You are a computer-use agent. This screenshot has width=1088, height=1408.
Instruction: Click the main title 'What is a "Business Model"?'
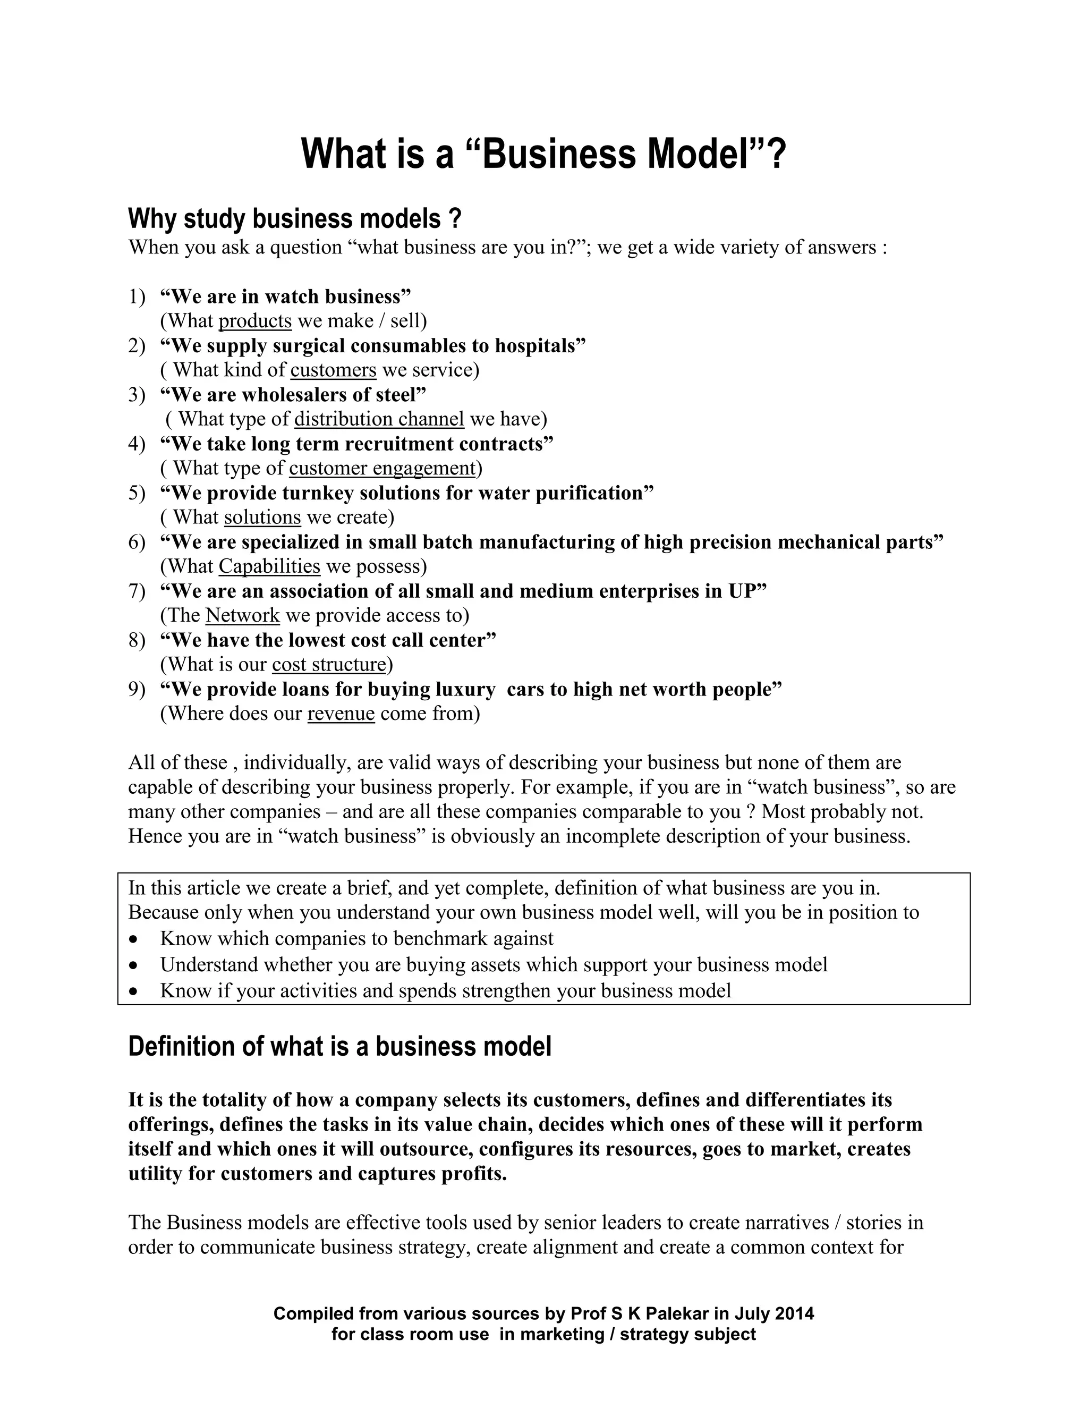tap(543, 155)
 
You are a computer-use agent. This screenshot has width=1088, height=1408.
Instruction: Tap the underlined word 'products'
tap(255, 321)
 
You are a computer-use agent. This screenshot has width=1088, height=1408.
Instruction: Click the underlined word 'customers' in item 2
tap(333, 370)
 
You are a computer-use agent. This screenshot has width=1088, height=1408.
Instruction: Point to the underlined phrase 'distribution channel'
tap(379, 419)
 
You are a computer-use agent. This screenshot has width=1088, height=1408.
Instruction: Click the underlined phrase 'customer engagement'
tap(381, 468)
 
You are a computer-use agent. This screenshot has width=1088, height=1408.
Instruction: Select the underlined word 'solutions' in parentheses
tap(262, 517)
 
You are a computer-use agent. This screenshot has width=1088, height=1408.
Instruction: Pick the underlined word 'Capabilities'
tap(269, 566)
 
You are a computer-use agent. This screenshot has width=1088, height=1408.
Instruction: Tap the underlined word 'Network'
tap(242, 615)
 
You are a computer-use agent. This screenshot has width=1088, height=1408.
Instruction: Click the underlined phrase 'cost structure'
tap(329, 664)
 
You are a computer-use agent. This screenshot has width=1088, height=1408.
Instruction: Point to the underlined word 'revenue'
tap(341, 713)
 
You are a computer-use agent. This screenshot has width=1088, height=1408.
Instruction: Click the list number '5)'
tap(137, 494)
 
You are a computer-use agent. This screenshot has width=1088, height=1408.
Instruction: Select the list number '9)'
tap(137, 690)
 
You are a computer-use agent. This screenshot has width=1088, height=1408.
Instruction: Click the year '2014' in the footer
tap(795, 1313)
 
